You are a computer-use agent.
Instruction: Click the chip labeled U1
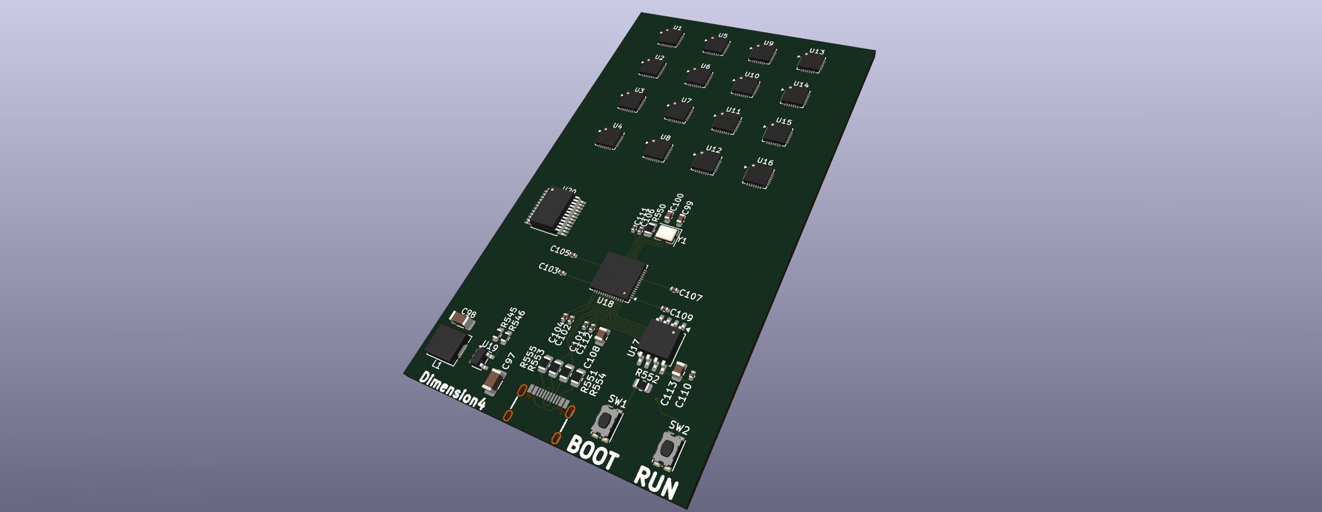(x=671, y=38)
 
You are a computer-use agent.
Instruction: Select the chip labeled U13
(x=810, y=62)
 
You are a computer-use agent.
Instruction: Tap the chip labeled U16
(x=758, y=175)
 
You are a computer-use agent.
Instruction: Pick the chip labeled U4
(x=609, y=138)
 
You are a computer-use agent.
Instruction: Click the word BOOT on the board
(x=592, y=452)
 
